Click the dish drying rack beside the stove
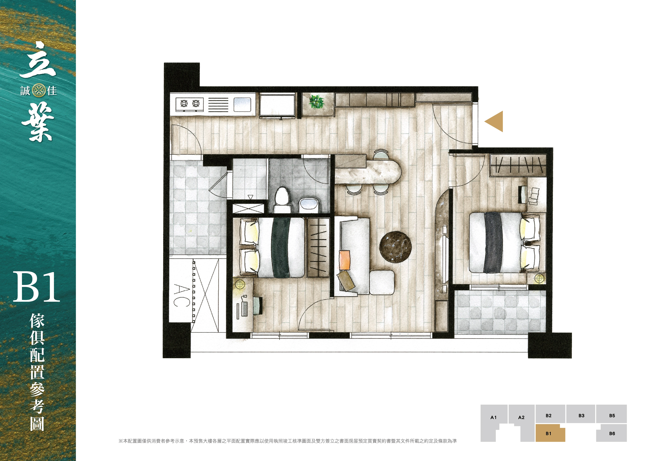pos(218,105)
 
